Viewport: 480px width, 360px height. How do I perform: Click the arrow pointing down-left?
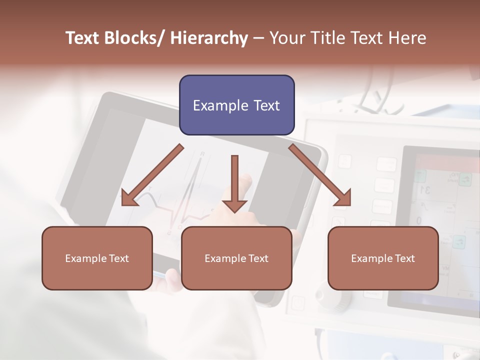pos(152,175)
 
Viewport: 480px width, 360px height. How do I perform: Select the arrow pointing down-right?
pos(320,175)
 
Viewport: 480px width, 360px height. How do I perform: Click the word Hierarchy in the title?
pos(209,38)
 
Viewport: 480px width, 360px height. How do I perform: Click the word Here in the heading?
pos(406,38)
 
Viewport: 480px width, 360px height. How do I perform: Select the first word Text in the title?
pos(84,38)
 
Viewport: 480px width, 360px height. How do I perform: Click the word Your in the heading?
pos(287,38)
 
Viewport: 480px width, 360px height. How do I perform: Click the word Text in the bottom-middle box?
pos(257,258)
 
